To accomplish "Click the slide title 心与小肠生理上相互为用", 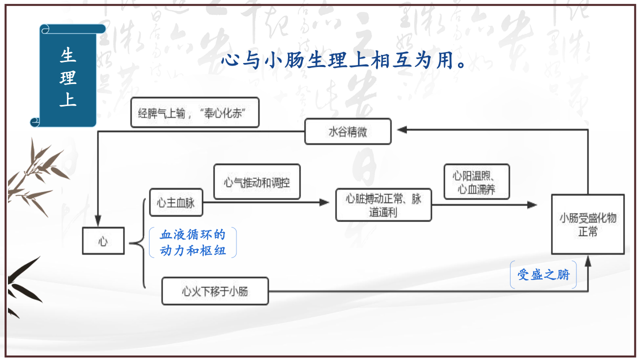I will click(344, 61).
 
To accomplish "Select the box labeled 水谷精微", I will click(348, 132).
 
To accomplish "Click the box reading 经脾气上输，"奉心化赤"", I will click(195, 112).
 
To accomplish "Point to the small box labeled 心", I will click(103, 241).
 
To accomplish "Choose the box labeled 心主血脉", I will click(176, 202).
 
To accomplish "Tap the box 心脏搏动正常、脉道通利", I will click(383, 205).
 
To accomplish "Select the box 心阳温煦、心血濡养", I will click(476, 182).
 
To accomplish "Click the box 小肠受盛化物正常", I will click(588, 225).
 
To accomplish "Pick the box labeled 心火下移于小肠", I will click(215, 291).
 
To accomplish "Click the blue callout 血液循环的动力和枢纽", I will click(192, 242).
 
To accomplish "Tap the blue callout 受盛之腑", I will click(543, 274).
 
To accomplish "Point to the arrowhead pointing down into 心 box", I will click(98, 220).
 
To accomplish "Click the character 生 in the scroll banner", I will click(68, 55).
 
